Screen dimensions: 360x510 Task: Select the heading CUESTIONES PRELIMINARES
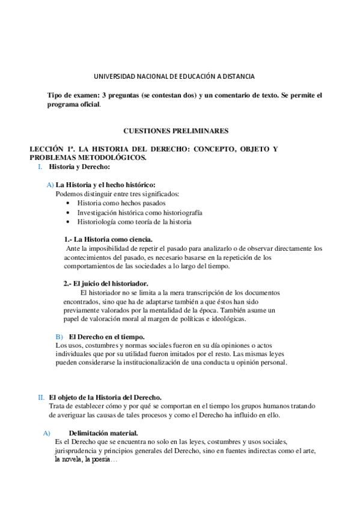[x=175, y=130]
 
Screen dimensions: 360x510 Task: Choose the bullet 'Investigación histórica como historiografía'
[x=139, y=213]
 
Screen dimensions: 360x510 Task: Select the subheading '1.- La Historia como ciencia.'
[x=108, y=239]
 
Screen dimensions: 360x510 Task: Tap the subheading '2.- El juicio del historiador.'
[x=106, y=283]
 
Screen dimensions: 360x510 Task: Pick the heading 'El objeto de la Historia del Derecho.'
[x=105, y=398]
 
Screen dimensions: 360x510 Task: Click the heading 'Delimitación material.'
[x=103, y=432]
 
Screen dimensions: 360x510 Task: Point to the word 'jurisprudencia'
[x=76, y=450]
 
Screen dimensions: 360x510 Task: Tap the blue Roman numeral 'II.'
[x=41, y=398]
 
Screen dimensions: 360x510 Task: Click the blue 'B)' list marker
[x=59, y=336]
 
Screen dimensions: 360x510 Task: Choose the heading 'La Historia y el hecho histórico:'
[x=106, y=185]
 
